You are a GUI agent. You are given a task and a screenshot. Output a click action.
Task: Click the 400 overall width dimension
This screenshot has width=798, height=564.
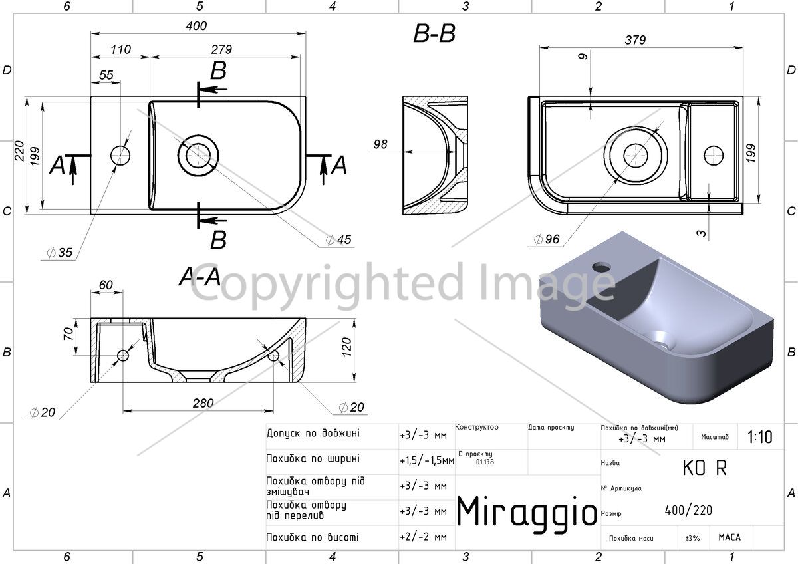coord(196,26)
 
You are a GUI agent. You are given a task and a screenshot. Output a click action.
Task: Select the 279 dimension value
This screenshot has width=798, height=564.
coord(221,49)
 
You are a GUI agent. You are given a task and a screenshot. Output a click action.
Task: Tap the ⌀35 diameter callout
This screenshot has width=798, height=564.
coord(59,253)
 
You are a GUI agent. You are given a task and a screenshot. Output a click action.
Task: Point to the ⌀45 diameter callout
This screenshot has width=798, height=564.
coord(338,240)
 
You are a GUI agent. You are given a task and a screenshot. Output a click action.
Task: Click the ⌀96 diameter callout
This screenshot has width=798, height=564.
coord(547,239)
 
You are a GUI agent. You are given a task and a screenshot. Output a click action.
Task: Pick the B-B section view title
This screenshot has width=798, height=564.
coord(434,34)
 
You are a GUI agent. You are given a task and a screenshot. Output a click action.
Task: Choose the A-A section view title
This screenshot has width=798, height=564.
coord(199,277)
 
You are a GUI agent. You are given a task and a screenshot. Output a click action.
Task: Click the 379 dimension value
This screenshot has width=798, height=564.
coord(635,39)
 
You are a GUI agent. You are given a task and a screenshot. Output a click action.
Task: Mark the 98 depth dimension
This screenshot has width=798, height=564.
coord(380,144)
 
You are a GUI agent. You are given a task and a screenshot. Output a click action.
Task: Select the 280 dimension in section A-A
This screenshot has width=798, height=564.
coord(203,403)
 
